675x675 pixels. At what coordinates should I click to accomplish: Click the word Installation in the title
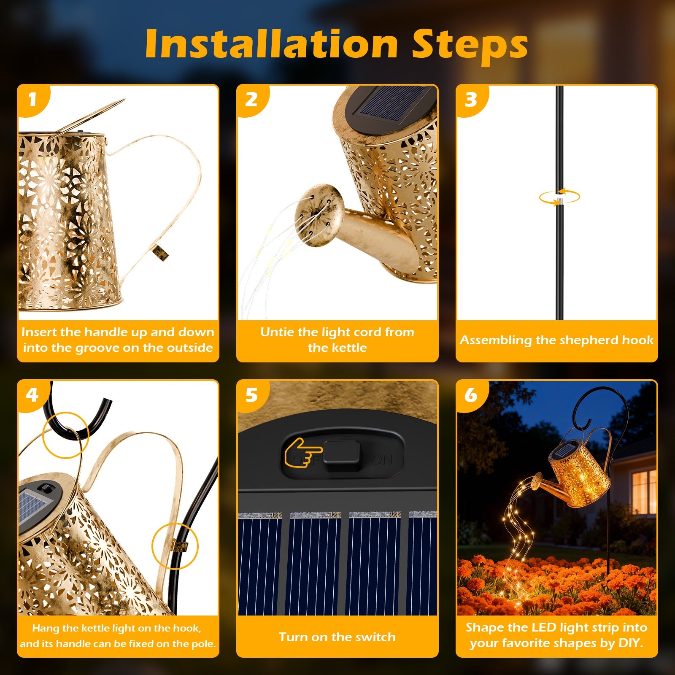point(272,44)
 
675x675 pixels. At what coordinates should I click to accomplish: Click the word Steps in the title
point(470,46)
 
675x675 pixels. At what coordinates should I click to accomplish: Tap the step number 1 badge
point(32,100)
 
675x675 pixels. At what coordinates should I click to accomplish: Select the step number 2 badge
point(251,100)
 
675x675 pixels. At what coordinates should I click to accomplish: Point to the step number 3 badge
point(471,100)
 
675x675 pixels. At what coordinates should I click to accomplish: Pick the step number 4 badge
point(32,395)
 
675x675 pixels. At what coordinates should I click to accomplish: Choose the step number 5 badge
point(251,395)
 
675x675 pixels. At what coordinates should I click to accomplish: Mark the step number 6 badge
point(471,395)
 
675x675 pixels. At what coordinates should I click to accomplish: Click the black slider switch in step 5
point(343,457)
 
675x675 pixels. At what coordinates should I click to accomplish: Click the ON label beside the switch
point(382,459)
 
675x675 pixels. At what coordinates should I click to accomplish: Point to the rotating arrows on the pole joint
point(559,197)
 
